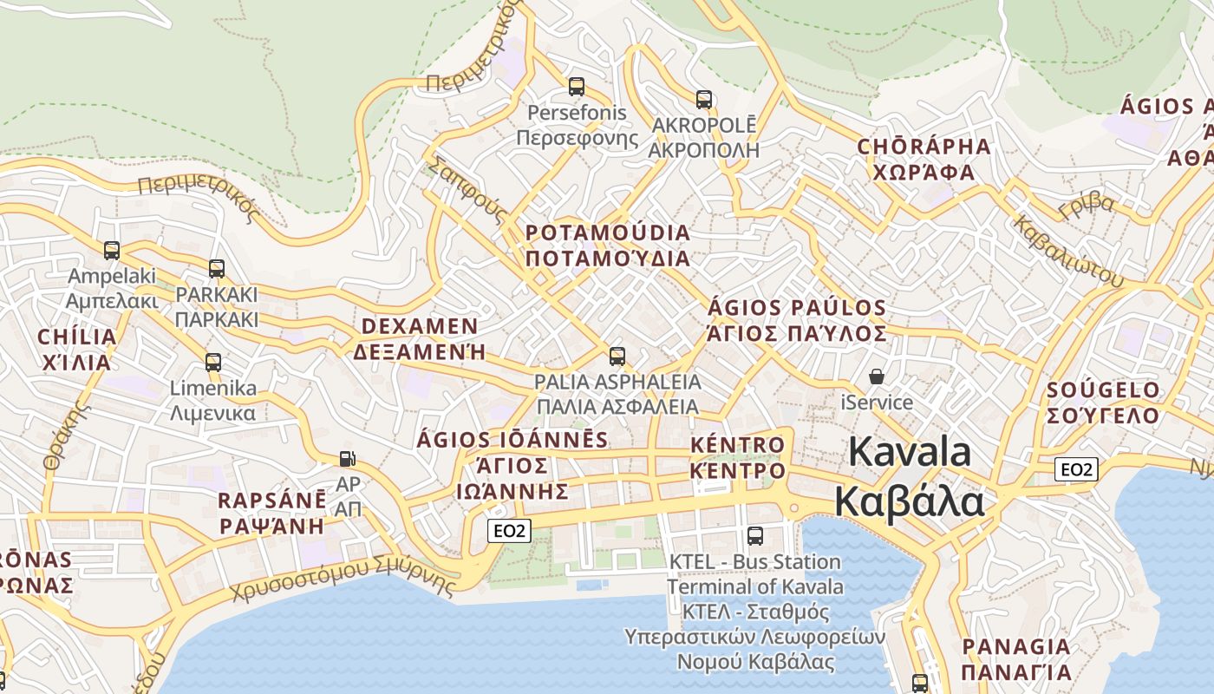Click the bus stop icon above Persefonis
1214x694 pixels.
[576, 87]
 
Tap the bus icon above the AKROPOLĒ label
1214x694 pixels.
[704, 100]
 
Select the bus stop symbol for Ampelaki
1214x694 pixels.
[112, 251]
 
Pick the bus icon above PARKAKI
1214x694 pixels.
[217, 269]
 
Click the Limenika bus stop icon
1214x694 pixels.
[213, 363]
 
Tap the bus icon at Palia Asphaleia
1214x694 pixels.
[617, 357]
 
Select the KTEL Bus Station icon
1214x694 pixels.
[755, 536]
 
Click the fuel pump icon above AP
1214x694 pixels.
[347, 458]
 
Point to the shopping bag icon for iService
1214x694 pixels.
[877, 376]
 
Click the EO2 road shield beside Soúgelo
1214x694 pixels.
[1076, 470]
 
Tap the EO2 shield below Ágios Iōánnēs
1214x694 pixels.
[508, 531]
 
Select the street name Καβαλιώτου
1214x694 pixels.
[1067, 252]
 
